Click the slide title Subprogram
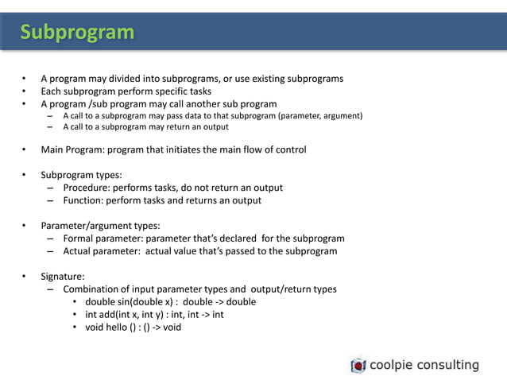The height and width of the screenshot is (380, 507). (x=77, y=32)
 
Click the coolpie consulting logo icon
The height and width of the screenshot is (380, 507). (x=358, y=366)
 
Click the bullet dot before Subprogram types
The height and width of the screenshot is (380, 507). (x=24, y=175)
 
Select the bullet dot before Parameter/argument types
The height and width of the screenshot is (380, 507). (x=24, y=226)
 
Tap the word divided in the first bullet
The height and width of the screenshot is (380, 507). (x=137, y=79)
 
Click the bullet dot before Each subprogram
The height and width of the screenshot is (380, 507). (x=24, y=91)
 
